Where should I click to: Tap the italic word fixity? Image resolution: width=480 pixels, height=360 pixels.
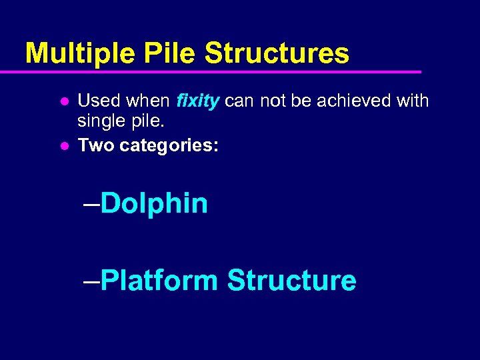pos(198,101)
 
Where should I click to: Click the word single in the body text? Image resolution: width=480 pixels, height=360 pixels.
pos(99,123)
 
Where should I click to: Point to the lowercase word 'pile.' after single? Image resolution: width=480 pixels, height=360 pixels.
pos(141,123)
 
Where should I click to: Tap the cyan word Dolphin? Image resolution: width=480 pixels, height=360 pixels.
pos(155,203)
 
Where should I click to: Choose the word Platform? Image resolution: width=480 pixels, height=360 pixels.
pos(160,280)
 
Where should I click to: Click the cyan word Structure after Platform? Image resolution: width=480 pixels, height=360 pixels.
pos(291,280)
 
